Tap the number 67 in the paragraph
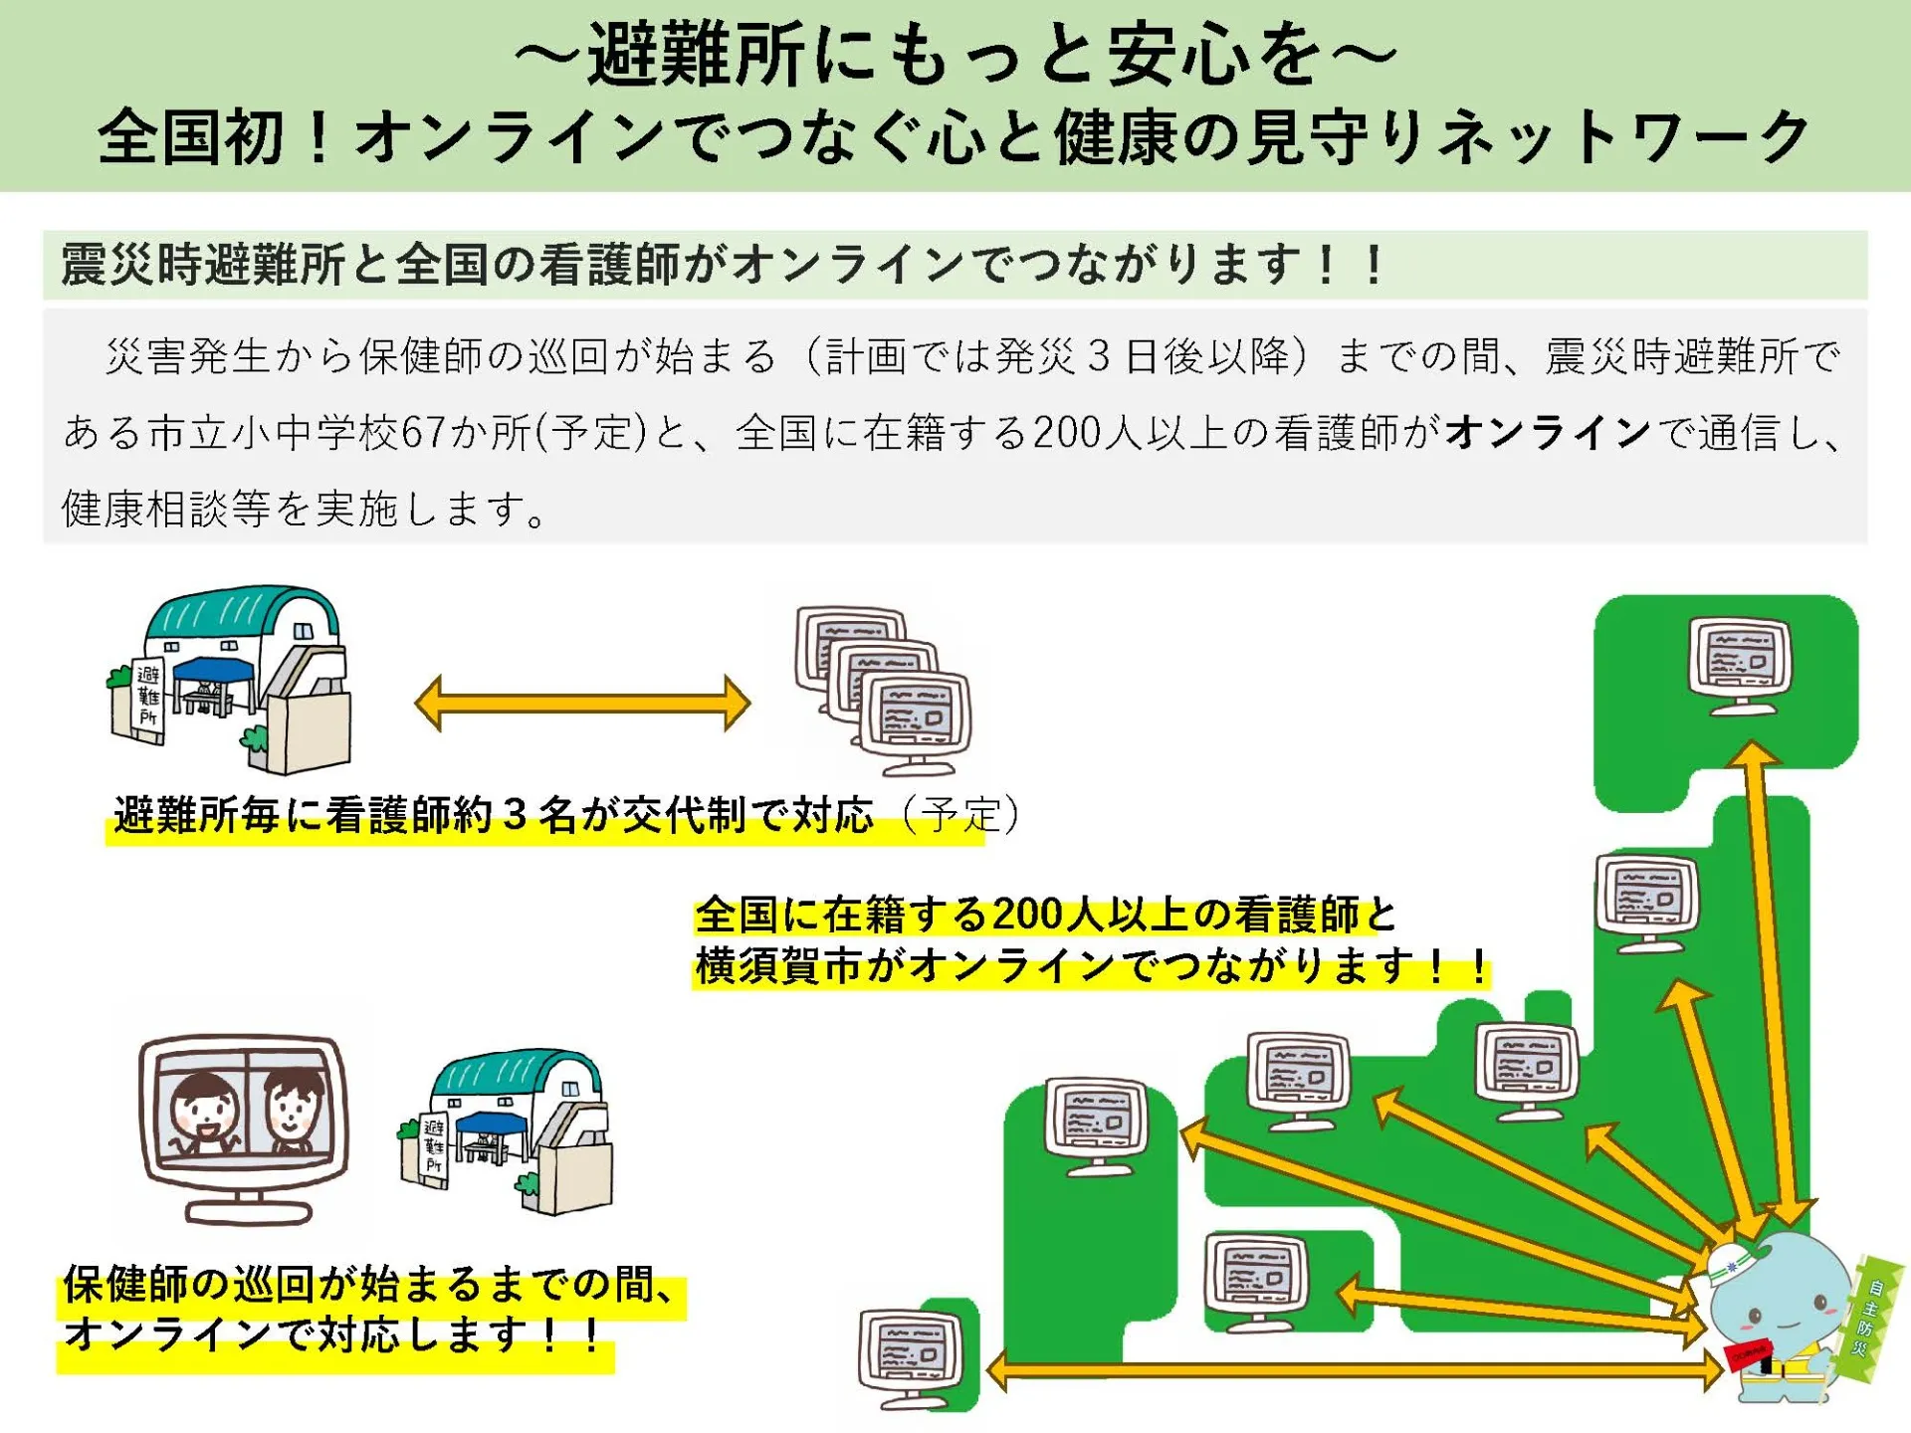(x=423, y=433)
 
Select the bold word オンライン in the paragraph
(x=1548, y=433)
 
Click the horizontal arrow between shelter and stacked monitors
(x=582, y=704)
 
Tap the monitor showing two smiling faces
(x=245, y=1125)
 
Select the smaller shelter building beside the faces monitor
(x=508, y=1129)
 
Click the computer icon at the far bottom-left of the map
(x=912, y=1358)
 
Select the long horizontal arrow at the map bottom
(x=1354, y=1371)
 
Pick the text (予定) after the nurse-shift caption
(x=960, y=815)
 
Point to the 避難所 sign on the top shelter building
(x=148, y=697)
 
